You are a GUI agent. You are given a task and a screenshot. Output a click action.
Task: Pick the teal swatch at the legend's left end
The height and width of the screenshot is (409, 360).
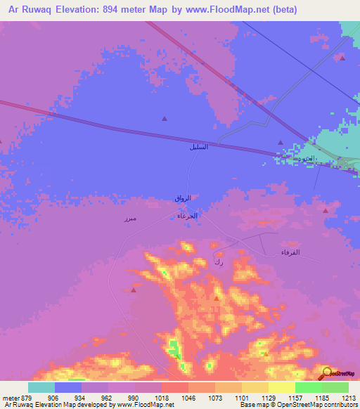[x=41, y=387]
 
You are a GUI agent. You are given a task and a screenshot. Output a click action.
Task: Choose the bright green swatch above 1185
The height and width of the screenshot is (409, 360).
[x=309, y=387]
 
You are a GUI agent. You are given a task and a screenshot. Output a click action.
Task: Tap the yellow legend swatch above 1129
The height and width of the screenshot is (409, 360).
[x=255, y=387]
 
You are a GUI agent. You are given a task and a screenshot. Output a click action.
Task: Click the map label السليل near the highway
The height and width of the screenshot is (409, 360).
[x=199, y=148]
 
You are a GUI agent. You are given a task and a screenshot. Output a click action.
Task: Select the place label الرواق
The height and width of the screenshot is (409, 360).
[x=183, y=199]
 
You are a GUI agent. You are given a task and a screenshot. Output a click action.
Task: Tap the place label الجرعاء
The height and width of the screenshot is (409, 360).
[x=187, y=216]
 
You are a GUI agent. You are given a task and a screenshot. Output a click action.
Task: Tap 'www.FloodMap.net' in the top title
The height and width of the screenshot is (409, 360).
[x=228, y=10]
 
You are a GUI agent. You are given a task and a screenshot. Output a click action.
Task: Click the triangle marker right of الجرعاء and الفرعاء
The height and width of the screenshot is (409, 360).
[x=324, y=210]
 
